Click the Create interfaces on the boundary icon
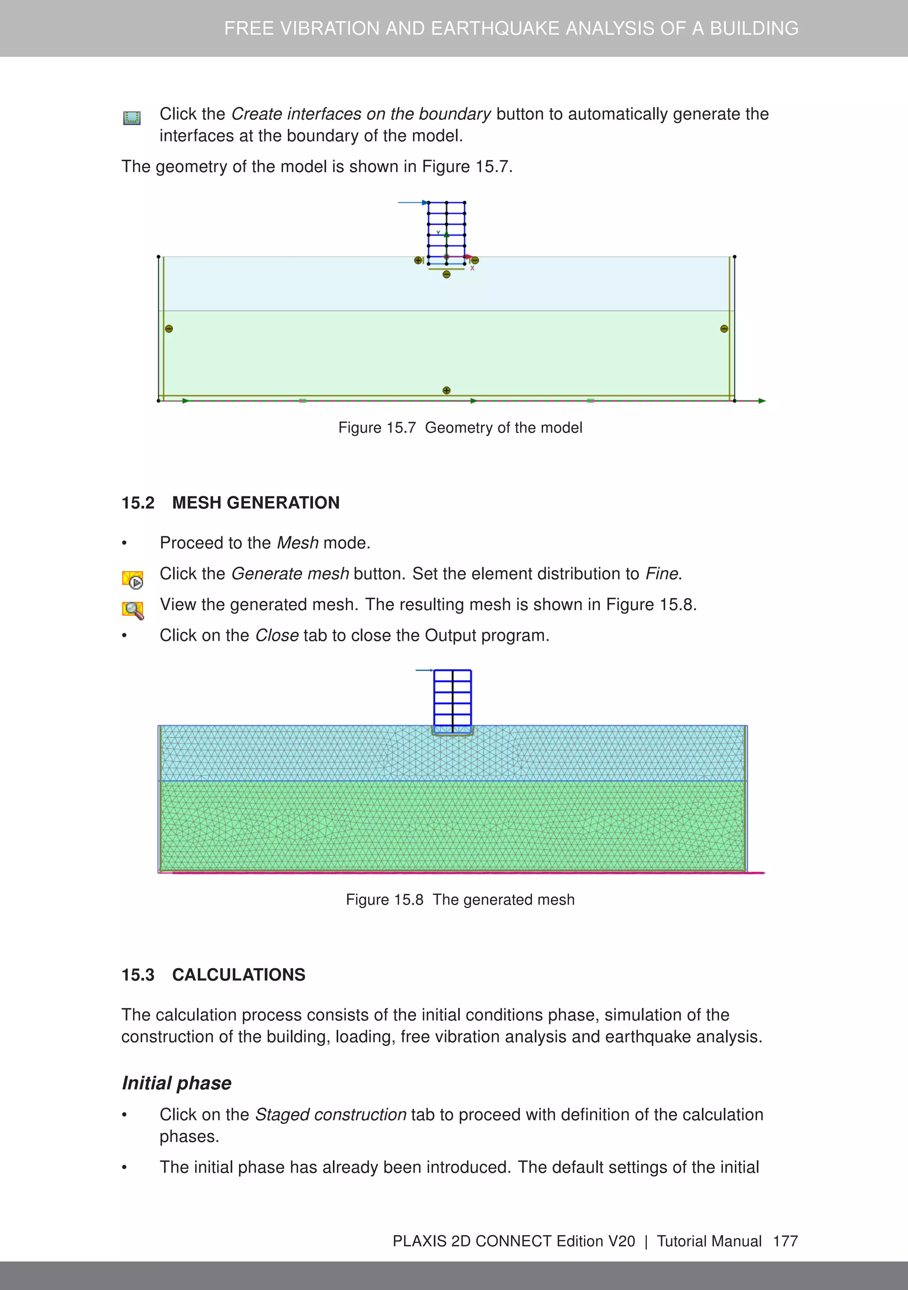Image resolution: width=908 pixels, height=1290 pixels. pos(132,118)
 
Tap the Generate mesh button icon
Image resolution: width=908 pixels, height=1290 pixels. pos(133,579)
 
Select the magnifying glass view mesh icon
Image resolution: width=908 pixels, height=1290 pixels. pos(133,610)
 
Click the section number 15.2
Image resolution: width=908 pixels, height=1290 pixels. pos(137,502)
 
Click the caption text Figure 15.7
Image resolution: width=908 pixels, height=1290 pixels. pos(376,427)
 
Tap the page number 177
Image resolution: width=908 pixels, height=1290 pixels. pos(785,1241)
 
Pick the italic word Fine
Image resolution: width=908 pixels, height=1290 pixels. pos(662,574)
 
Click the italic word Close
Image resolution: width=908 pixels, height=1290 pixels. pos(277,635)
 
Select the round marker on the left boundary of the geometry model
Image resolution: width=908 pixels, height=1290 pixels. pos(168,329)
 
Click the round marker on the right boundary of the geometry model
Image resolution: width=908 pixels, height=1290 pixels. pos(724,329)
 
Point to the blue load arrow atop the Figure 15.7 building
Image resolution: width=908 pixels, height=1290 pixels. pos(412,202)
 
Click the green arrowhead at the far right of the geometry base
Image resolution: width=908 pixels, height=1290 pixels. pos(762,400)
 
